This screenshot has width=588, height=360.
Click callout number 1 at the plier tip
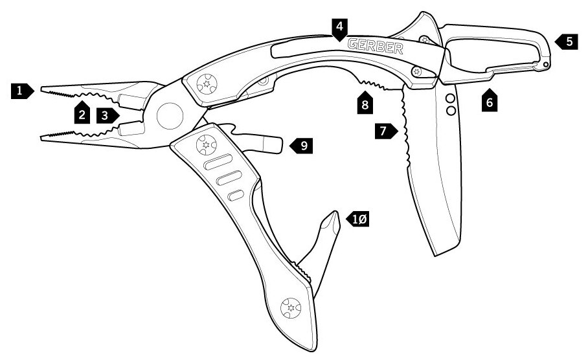(x=21, y=91)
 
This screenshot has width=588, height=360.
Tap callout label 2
(x=82, y=115)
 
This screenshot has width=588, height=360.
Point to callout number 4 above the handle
(x=339, y=27)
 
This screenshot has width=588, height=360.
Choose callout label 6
(x=490, y=101)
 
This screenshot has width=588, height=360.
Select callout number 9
(x=300, y=146)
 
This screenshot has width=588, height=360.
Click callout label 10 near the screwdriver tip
(x=358, y=219)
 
